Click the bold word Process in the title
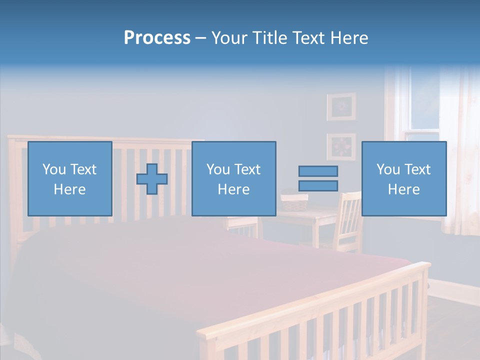coord(157,38)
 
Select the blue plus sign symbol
coord(152,178)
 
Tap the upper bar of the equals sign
coord(318,171)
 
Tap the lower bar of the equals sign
coord(318,186)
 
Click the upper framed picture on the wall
coord(341,106)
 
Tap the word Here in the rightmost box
coord(403,189)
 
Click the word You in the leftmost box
coord(53,169)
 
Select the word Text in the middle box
coord(247,169)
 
